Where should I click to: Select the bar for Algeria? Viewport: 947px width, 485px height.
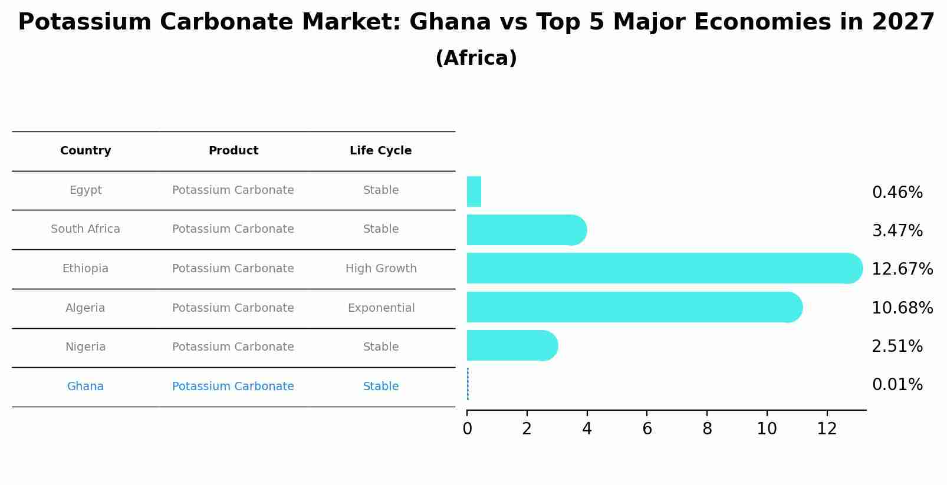[x=631, y=307]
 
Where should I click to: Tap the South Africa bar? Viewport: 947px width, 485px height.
[x=525, y=230]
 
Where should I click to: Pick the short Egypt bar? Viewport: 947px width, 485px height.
[x=473, y=192]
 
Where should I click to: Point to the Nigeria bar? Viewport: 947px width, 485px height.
[x=510, y=345]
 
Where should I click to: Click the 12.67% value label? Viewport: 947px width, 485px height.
[x=902, y=269]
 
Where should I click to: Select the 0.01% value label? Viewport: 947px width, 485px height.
[x=897, y=385]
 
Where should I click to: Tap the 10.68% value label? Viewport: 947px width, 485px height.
[x=902, y=308]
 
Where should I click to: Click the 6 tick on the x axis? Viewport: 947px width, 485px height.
[x=647, y=429]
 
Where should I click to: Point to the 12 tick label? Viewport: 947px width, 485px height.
[x=827, y=429]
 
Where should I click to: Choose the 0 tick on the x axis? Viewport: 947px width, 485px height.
[x=467, y=429]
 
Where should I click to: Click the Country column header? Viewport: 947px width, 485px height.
[x=86, y=151]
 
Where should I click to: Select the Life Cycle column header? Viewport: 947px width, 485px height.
[x=380, y=151]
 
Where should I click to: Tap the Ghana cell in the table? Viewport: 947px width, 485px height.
[x=86, y=387]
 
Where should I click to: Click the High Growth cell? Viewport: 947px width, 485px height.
[x=381, y=269]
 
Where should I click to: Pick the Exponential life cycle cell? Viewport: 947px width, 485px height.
[x=381, y=308]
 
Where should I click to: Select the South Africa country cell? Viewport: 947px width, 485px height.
[x=86, y=229]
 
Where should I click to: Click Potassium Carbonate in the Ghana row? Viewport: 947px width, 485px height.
[x=233, y=387]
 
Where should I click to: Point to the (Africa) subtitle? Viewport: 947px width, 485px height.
[x=476, y=58]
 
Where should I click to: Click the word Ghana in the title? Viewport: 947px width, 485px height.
[x=450, y=22]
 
